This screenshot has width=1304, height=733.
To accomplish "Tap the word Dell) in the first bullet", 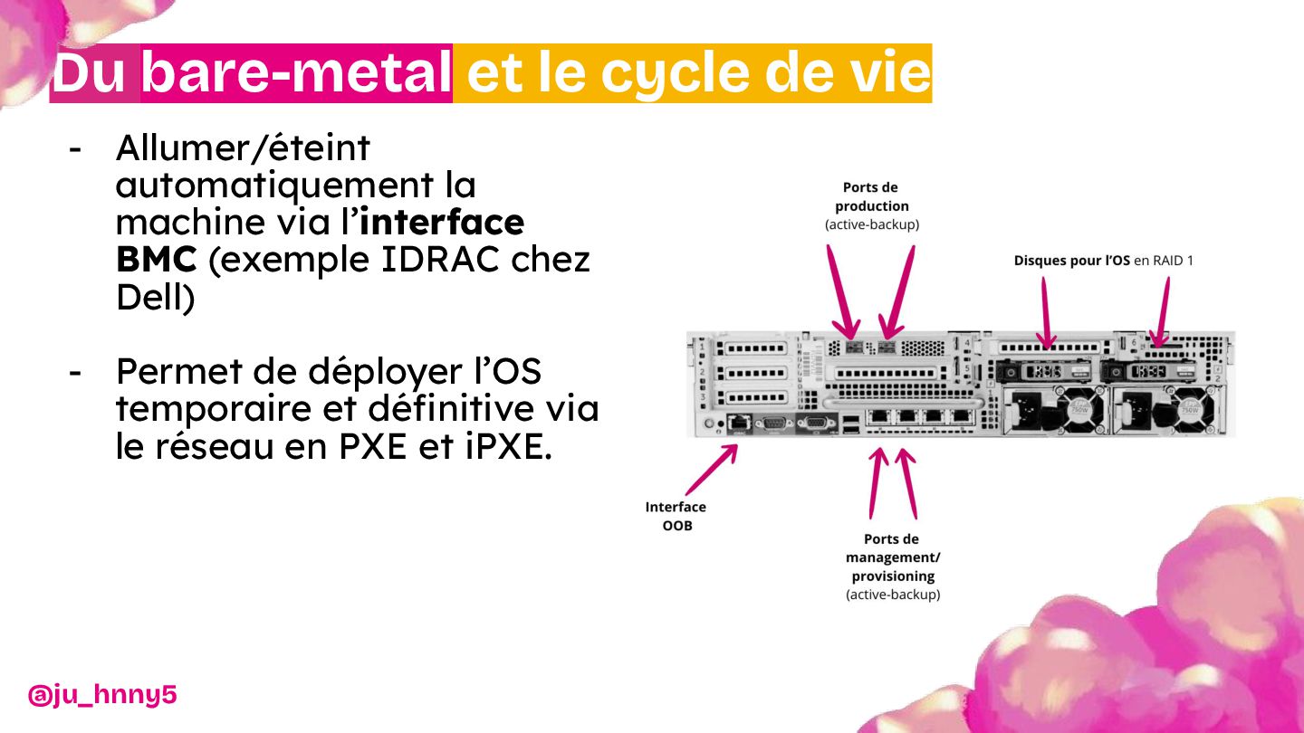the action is pyautogui.click(x=155, y=298).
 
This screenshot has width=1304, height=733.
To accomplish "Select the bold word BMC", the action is pyautogui.click(x=156, y=261).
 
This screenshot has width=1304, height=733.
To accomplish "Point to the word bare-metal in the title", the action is pyautogui.click(x=297, y=74).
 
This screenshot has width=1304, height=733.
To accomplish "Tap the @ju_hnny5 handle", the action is pyautogui.click(x=102, y=695).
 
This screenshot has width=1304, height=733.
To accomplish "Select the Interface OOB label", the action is pyautogui.click(x=676, y=516).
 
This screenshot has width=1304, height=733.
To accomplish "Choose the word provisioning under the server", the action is pyautogui.click(x=893, y=576).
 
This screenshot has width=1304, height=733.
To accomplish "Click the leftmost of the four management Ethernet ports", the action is pyautogui.click(x=881, y=417).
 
